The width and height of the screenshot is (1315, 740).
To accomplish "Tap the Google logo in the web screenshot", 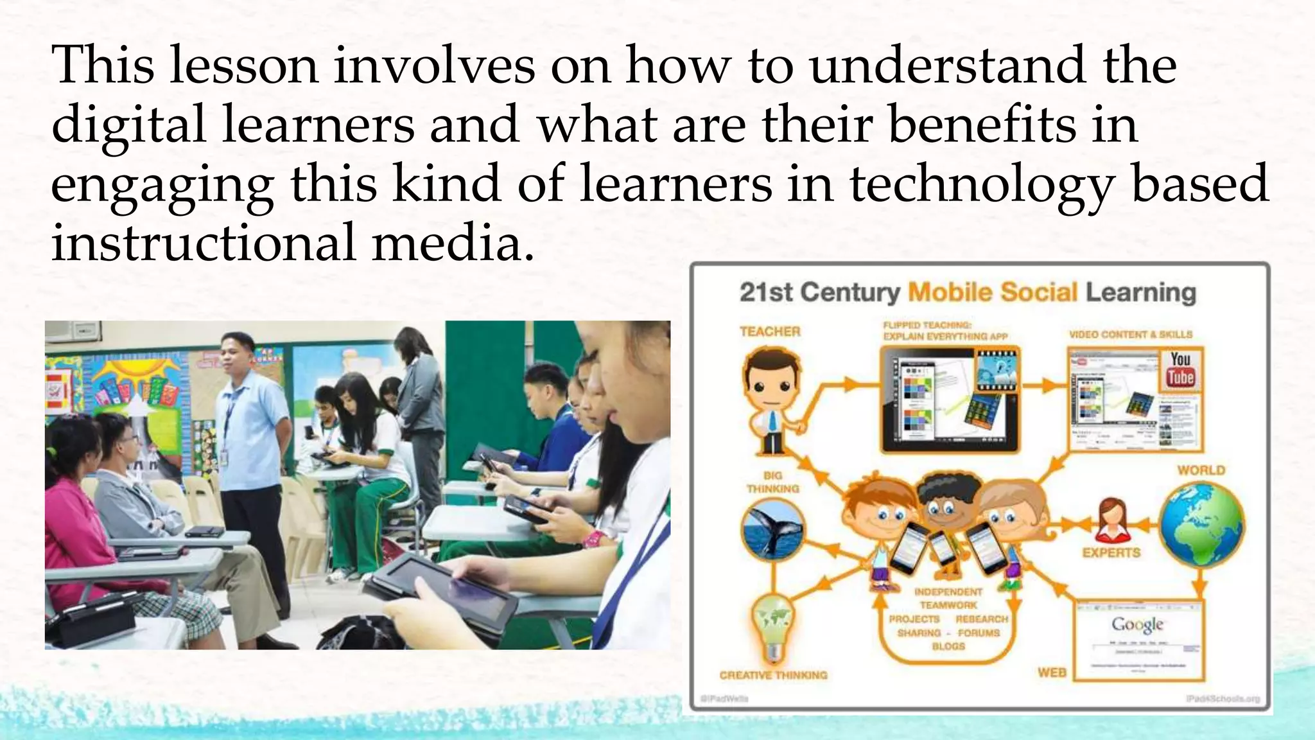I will point(1138,624).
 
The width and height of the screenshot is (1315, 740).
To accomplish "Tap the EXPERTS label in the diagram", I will point(1111,552).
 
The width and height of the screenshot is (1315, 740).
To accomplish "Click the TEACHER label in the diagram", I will point(770,331).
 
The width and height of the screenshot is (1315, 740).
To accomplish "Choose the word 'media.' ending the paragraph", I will point(453,243).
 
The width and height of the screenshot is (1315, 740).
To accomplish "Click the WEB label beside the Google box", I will point(1052,673).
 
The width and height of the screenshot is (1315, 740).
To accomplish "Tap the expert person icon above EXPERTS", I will point(1110,520).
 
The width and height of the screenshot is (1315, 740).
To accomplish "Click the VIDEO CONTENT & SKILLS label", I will point(1130,335).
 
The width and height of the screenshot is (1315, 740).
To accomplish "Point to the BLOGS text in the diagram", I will point(948,646).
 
